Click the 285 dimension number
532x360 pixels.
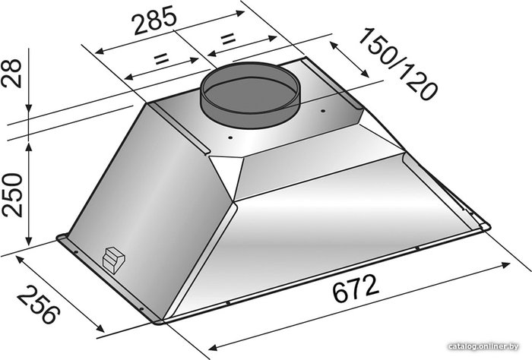pyautogui.click(x=155, y=21)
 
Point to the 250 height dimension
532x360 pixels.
pyautogui.click(x=12, y=194)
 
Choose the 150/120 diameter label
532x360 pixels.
pyautogui.click(x=397, y=65)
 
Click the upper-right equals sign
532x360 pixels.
pyautogui.click(x=228, y=39)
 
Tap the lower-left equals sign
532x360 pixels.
pyautogui.click(x=161, y=59)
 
